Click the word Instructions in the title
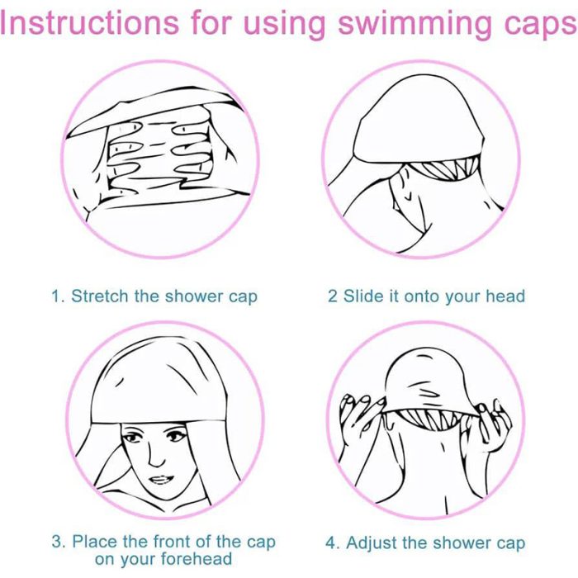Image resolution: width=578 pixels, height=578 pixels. click(x=89, y=23)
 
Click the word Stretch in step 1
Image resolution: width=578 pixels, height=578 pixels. click(x=100, y=296)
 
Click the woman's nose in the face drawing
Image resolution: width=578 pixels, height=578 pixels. click(x=156, y=454)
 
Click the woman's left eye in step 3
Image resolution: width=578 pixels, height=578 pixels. click(x=176, y=437)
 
